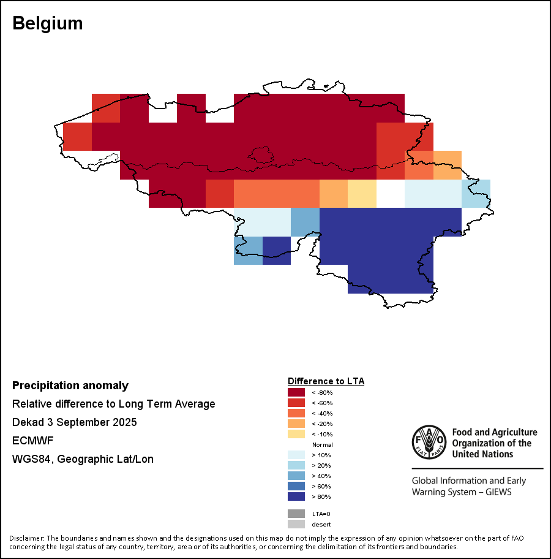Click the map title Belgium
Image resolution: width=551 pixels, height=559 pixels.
point(47,23)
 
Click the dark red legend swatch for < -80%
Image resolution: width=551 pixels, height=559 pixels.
point(296,392)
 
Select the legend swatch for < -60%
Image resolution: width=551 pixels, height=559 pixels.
point(296,403)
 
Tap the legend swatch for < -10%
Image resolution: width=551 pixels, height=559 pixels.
point(296,434)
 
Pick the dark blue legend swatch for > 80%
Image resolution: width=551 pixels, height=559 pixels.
point(296,496)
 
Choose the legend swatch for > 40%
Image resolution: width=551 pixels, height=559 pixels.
point(296,476)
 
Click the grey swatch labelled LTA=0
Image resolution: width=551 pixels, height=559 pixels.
point(296,514)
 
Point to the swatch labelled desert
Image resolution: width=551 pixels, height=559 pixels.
point(296,524)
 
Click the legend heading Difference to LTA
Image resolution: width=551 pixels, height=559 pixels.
point(326,381)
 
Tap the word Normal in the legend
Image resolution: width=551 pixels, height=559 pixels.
point(322,444)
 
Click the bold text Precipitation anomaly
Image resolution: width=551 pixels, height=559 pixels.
point(70,386)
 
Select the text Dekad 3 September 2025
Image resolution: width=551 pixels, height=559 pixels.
point(75,422)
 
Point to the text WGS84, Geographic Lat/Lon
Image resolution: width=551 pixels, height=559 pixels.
point(83,459)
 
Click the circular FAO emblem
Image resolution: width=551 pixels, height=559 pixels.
point(429,442)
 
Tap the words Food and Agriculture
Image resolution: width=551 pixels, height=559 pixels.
point(494,433)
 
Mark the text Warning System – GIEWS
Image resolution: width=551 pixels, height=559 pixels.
point(461,492)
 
